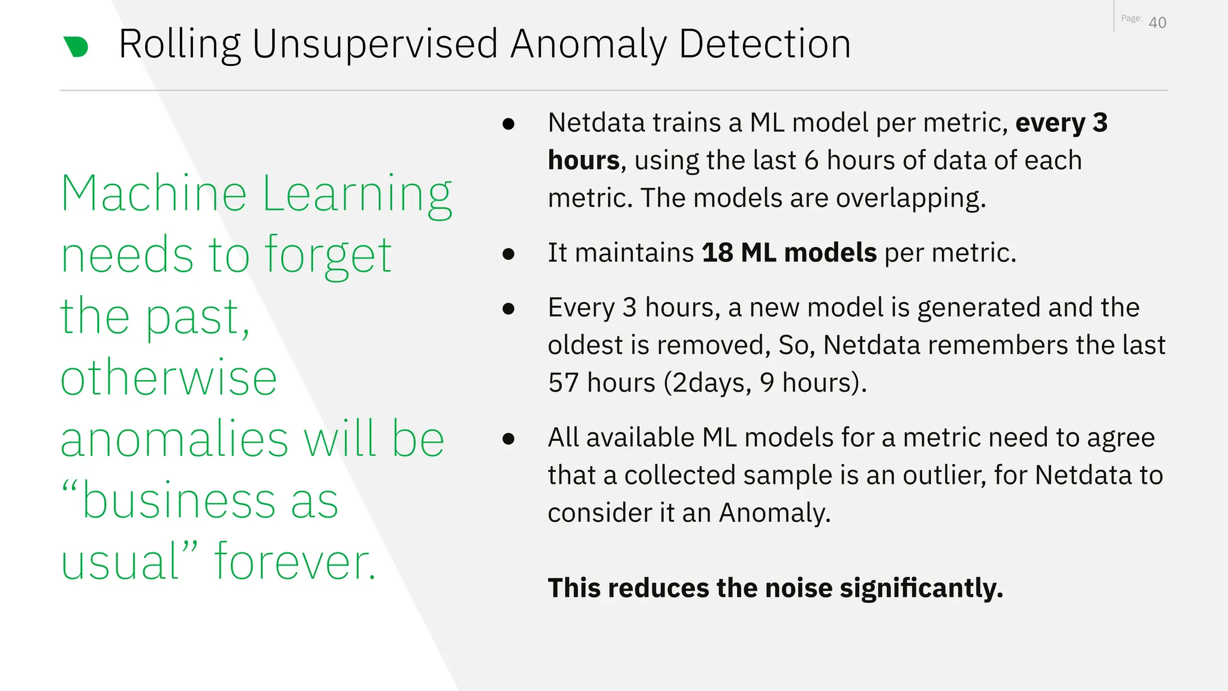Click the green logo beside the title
click(x=76, y=47)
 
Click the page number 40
click(x=1157, y=23)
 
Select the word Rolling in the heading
click(x=179, y=45)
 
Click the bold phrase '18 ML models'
click(x=788, y=253)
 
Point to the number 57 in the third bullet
click(x=563, y=383)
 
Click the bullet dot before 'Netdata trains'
click(x=508, y=124)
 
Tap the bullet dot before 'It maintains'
click(x=508, y=254)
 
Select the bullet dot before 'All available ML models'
click(x=508, y=438)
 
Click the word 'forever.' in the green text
click(x=294, y=561)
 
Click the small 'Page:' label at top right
click(x=1131, y=19)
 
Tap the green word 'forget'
click(x=328, y=256)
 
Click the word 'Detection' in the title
click(x=765, y=45)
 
